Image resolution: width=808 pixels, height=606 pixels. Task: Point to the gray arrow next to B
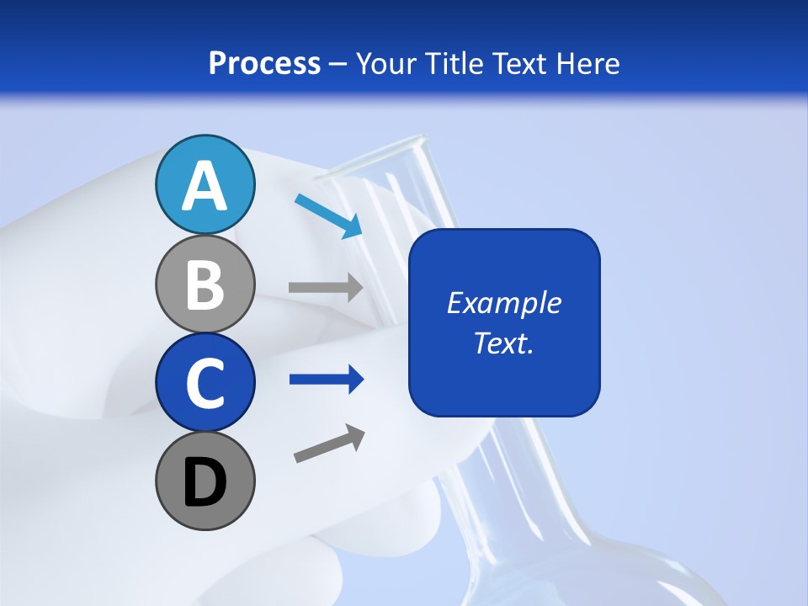coord(326,287)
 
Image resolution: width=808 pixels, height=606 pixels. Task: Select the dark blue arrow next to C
coord(326,380)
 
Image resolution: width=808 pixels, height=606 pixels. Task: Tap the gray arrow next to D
coord(329,443)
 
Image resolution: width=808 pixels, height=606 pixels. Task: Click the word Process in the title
coord(264,63)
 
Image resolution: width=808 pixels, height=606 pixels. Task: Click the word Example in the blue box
coord(504,303)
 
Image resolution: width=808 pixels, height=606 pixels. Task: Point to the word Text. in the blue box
coord(504,343)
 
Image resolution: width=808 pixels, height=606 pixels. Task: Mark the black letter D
coord(205,482)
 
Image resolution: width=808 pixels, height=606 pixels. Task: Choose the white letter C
coord(205,383)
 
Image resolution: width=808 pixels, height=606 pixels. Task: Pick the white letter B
coord(205,285)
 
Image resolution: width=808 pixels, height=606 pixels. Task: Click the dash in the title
coord(338,64)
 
